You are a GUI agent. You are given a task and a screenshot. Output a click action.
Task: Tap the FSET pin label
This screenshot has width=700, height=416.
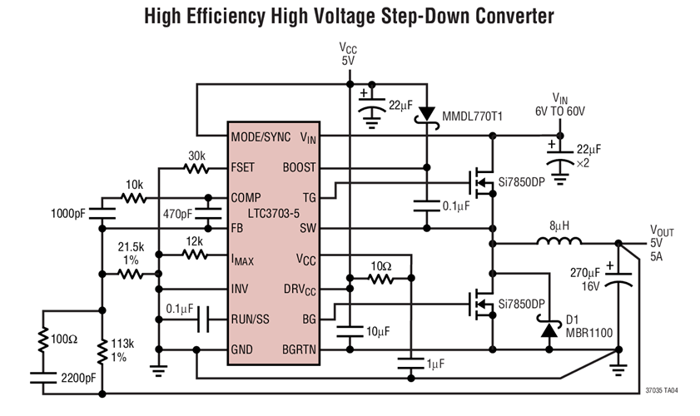[x=246, y=166]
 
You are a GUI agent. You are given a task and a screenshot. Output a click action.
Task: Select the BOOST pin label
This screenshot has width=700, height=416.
[x=299, y=166]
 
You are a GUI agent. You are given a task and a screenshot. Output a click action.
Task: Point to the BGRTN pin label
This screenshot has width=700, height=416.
[x=299, y=349]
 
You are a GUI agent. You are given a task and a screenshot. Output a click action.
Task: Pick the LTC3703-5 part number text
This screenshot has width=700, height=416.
[x=273, y=212]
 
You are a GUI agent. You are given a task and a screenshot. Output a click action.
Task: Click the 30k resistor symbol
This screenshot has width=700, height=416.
[x=196, y=167]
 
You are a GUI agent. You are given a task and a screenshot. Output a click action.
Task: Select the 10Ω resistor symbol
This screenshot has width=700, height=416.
[x=380, y=280]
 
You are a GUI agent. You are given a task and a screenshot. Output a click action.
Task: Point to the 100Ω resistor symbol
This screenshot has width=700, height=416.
[x=42, y=341]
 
